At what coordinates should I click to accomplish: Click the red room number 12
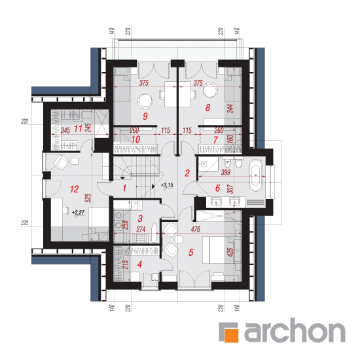(75, 189)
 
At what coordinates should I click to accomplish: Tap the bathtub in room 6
(255, 175)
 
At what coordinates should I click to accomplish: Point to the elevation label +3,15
(167, 185)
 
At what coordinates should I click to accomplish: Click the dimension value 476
(196, 229)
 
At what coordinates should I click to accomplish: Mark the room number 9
(145, 116)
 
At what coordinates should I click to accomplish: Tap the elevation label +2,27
(79, 212)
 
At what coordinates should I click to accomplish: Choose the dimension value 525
(88, 198)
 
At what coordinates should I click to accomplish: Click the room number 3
(140, 219)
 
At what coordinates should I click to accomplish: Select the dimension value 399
(226, 172)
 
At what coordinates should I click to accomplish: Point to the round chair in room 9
(145, 101)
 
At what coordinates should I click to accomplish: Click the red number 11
(78, 128)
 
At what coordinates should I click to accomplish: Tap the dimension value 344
(230, 109)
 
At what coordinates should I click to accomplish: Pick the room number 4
(139, 264)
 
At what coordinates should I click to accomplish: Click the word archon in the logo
(295, 330)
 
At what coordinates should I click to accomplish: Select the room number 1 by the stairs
(124, 188)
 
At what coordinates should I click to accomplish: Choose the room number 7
(215, 140)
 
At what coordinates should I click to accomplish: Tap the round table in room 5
(179, 240)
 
